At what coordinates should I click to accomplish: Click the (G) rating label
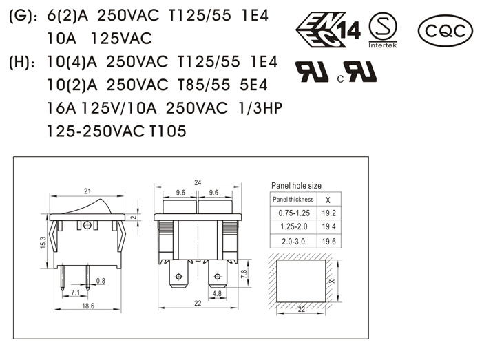[x=22, y=14]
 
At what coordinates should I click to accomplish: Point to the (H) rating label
[x=22, y=63]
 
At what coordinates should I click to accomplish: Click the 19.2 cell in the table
[x=328, y=213]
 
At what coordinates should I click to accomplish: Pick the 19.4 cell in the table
[x=328, y=226]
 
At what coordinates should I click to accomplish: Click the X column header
[x=328, y=200]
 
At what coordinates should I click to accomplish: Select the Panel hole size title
[x=296, y=185]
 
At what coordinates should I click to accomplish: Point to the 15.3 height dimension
[x=43, y=243]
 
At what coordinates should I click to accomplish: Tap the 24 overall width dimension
[x=198, y=182]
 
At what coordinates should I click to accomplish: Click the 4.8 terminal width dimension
[x=217, y=294]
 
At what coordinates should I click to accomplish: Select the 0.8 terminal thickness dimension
[x=101, y=280]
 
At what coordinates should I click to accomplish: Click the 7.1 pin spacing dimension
[x=74, y=293]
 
